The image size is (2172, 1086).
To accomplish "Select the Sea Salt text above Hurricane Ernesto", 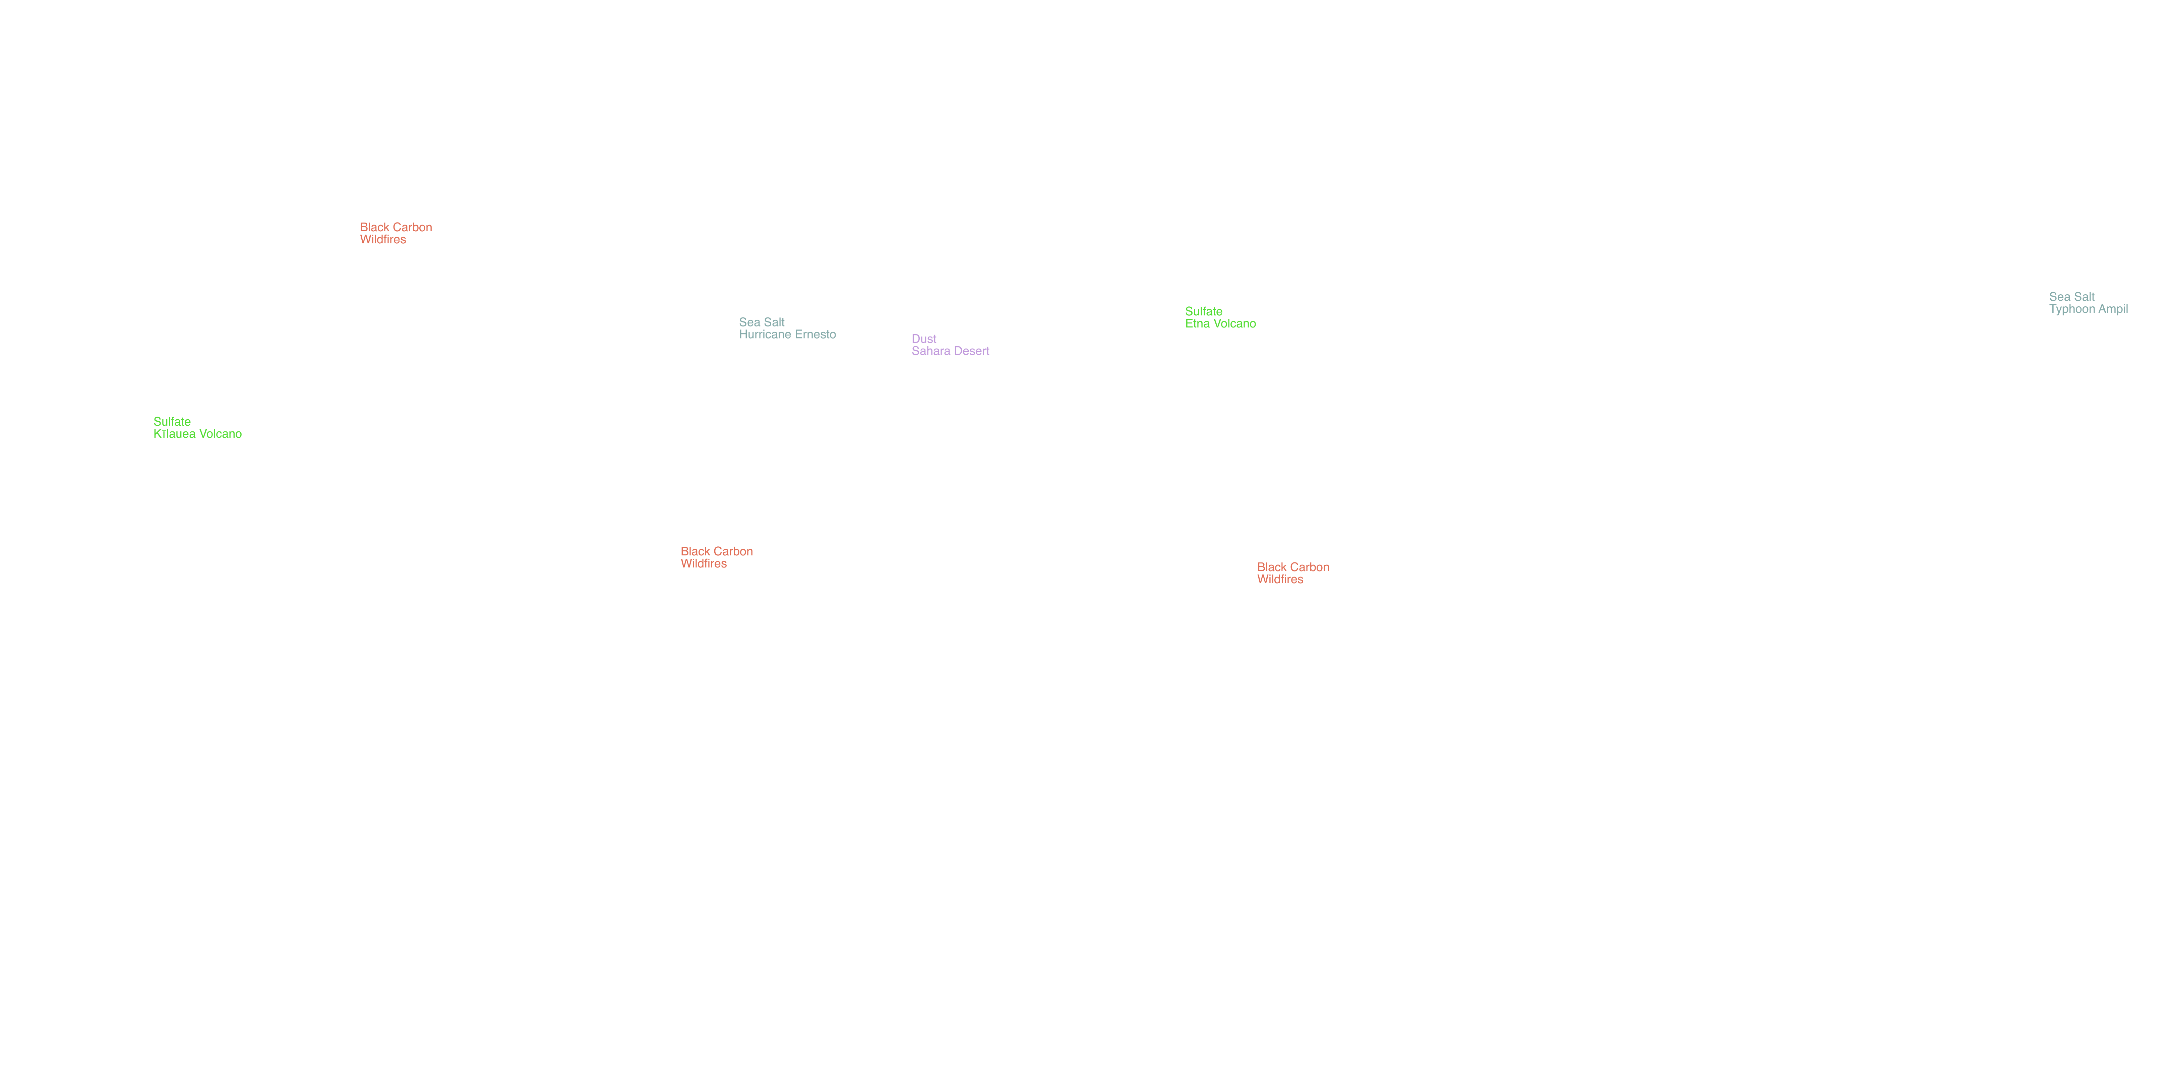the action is [x=762, y=322].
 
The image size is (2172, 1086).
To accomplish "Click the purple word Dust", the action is [x=924, y=339].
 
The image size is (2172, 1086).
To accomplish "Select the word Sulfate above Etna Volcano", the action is [x=1204, y=311].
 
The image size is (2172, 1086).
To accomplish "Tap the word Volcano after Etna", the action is [x=1234, y=324].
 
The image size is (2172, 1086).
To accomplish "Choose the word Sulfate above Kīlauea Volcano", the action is [x=172, y=422].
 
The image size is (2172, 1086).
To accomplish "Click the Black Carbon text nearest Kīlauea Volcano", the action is [x=396, y=228].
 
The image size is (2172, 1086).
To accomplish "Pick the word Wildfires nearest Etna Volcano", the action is [x=1280, y=579].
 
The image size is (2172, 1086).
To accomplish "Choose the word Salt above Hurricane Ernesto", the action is [x=774, y=322].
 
